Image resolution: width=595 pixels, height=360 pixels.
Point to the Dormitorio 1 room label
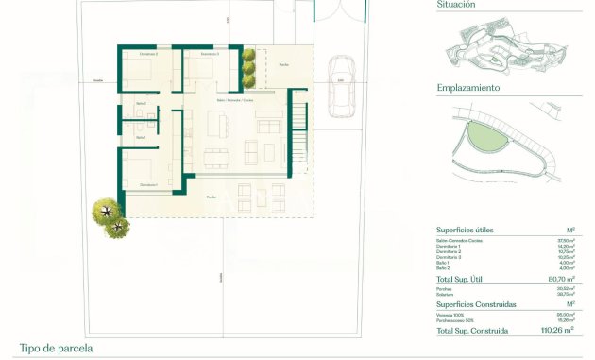[148, 184]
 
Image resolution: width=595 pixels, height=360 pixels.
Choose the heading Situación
[456, 5]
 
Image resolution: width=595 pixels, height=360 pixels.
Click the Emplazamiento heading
[468, 88]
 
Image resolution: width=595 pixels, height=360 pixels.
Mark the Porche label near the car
[283, 64]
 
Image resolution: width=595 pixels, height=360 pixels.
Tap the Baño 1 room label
[141, 138]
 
